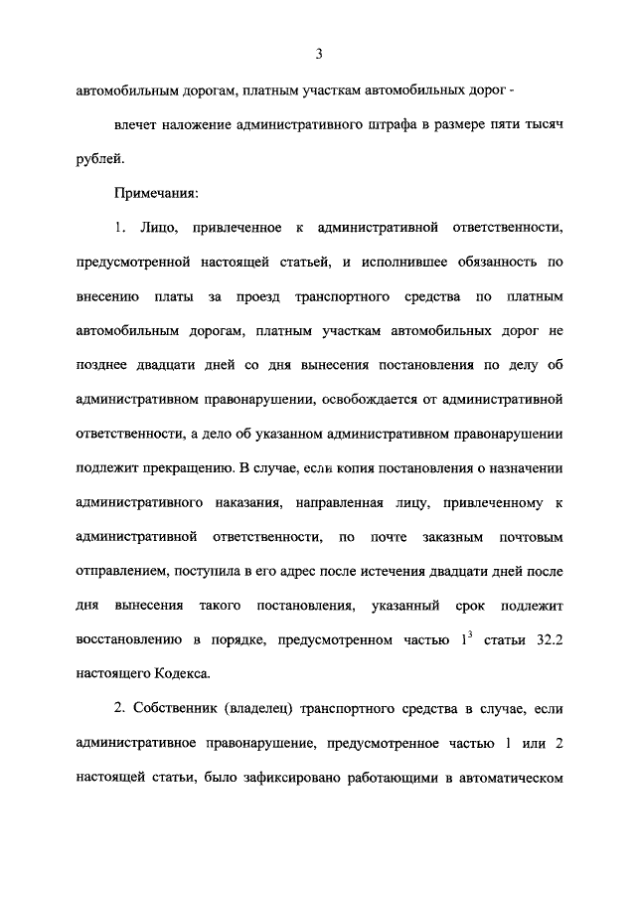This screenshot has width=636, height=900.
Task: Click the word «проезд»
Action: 260,296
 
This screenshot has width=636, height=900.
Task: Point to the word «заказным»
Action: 455,537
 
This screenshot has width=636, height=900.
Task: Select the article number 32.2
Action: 548,641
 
